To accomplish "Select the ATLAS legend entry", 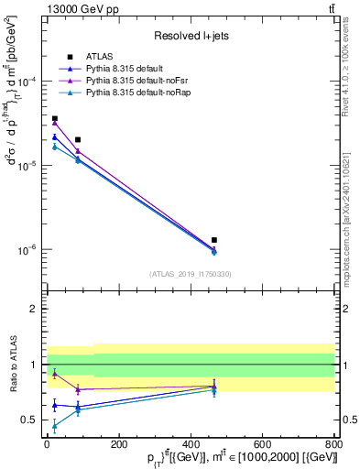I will (98, 57).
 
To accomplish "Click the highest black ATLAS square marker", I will (54, 118).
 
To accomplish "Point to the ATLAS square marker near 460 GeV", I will (213, 240).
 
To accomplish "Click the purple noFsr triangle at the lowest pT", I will (54, 123).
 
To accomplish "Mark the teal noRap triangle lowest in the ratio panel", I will (54, 426).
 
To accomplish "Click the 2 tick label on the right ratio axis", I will (348, 310).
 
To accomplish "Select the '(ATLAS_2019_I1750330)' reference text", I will (191, 274).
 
